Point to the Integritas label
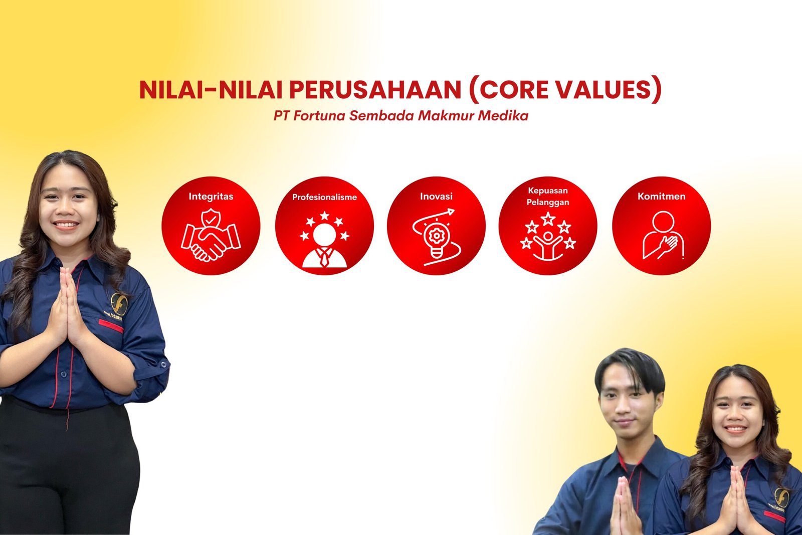[211, 196]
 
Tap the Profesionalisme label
[324, 197]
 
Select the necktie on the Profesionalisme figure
[324, 257]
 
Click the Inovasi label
[436, 196]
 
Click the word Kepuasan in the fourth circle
[548, 191]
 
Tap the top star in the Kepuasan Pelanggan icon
[548, 219]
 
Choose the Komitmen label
[661, 196]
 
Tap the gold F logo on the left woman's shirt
[119, 304]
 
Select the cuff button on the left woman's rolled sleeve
[163, 365]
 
